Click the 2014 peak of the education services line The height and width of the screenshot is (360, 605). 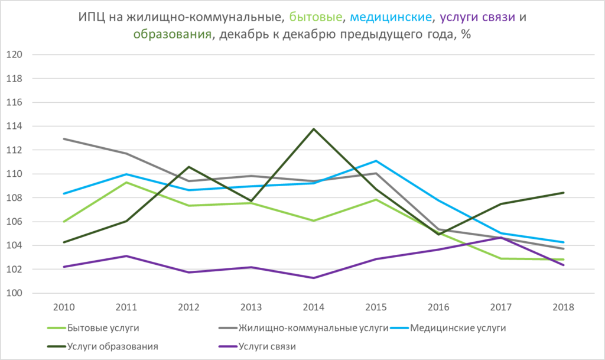point(313,129)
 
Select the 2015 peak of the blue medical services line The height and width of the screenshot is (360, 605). point(376,161)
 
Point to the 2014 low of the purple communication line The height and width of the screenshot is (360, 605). point(313,278)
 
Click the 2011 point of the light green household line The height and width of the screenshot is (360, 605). point(125,182)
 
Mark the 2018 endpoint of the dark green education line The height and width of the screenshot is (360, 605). point(564,192)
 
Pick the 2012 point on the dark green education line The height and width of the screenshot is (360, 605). point(188,167)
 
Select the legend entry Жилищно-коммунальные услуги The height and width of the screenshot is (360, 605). point(313,327)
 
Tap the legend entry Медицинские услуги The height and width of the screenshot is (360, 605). point(458,327)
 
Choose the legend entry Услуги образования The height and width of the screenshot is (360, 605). point(112,346)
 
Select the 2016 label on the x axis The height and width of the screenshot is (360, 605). point(438,307)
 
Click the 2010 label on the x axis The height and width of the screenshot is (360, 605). point(63,307)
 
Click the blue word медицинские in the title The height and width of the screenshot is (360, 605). point(389,16)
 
